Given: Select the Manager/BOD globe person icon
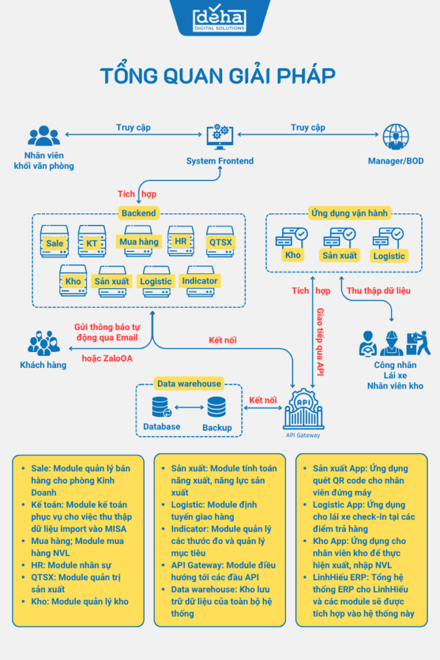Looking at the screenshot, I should tap(396, 137).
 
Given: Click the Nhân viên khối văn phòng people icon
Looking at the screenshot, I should tap(44, 136).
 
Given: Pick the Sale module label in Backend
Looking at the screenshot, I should tap(55, 243).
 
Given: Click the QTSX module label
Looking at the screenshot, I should tap(220, 242).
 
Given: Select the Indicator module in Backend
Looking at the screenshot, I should tap(200, 281).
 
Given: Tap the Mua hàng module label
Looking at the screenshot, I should tap(139, 242).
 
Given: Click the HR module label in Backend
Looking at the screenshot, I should tap(180, 242).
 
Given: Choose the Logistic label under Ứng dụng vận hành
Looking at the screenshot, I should tap(389, 256).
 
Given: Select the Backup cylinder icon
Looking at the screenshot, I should tap(216, 407).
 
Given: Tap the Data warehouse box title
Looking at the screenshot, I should tap(189, 383).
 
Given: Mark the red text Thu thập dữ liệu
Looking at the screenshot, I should tap(379, 291).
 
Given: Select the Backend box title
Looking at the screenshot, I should tap(139, 213).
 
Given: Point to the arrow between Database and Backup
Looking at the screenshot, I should tap(189, 407).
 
